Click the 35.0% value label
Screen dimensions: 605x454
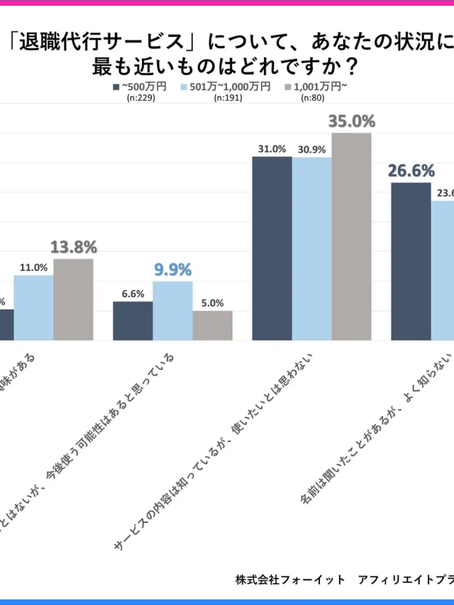click(x=351, y=121)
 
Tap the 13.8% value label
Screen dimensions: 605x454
click(x=73, y=247)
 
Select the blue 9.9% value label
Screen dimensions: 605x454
click(x=172, y=270)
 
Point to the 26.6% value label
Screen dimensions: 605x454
click(x=410, y=171)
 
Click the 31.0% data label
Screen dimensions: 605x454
click(x=272, y=149)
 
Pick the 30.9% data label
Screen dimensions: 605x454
click(x=312, y=150)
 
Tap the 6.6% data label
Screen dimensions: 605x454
click(x=133, y=294)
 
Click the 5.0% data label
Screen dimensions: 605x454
click(x=212, y=302)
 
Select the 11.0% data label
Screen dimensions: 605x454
click(x=34, y=267)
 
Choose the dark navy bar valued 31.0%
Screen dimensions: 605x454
click(x=272, y=248)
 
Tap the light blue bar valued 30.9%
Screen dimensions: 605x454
click(x=312, y=248)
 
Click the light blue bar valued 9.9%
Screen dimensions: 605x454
click(x=172, y=311)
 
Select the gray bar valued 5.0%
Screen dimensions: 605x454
click(x=212, y=326)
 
